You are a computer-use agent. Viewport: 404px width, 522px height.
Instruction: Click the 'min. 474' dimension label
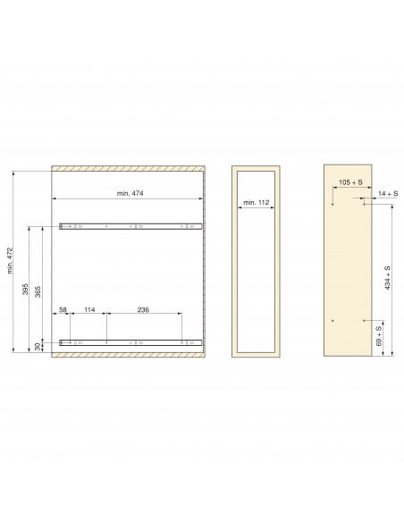click(x=130, y=193)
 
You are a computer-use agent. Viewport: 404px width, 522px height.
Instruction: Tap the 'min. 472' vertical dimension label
click(x=11, y=260)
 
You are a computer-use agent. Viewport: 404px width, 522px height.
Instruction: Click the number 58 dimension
click(x=63, y=310)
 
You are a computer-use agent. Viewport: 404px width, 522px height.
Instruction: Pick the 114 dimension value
click(x=89, y=310)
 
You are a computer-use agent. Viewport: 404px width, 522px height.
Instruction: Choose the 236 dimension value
click(x=143, y=310)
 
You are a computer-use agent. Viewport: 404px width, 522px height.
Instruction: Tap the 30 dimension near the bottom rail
click(x=38, y=346)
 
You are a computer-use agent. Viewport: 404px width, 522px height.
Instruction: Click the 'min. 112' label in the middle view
click(x=257, y=203)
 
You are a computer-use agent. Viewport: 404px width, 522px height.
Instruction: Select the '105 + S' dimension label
click(x=350, y=182)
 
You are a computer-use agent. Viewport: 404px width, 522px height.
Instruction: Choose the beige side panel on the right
click(x=347, y=268)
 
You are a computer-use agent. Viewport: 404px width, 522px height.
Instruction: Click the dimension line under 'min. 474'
click(x=130, y=198)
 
